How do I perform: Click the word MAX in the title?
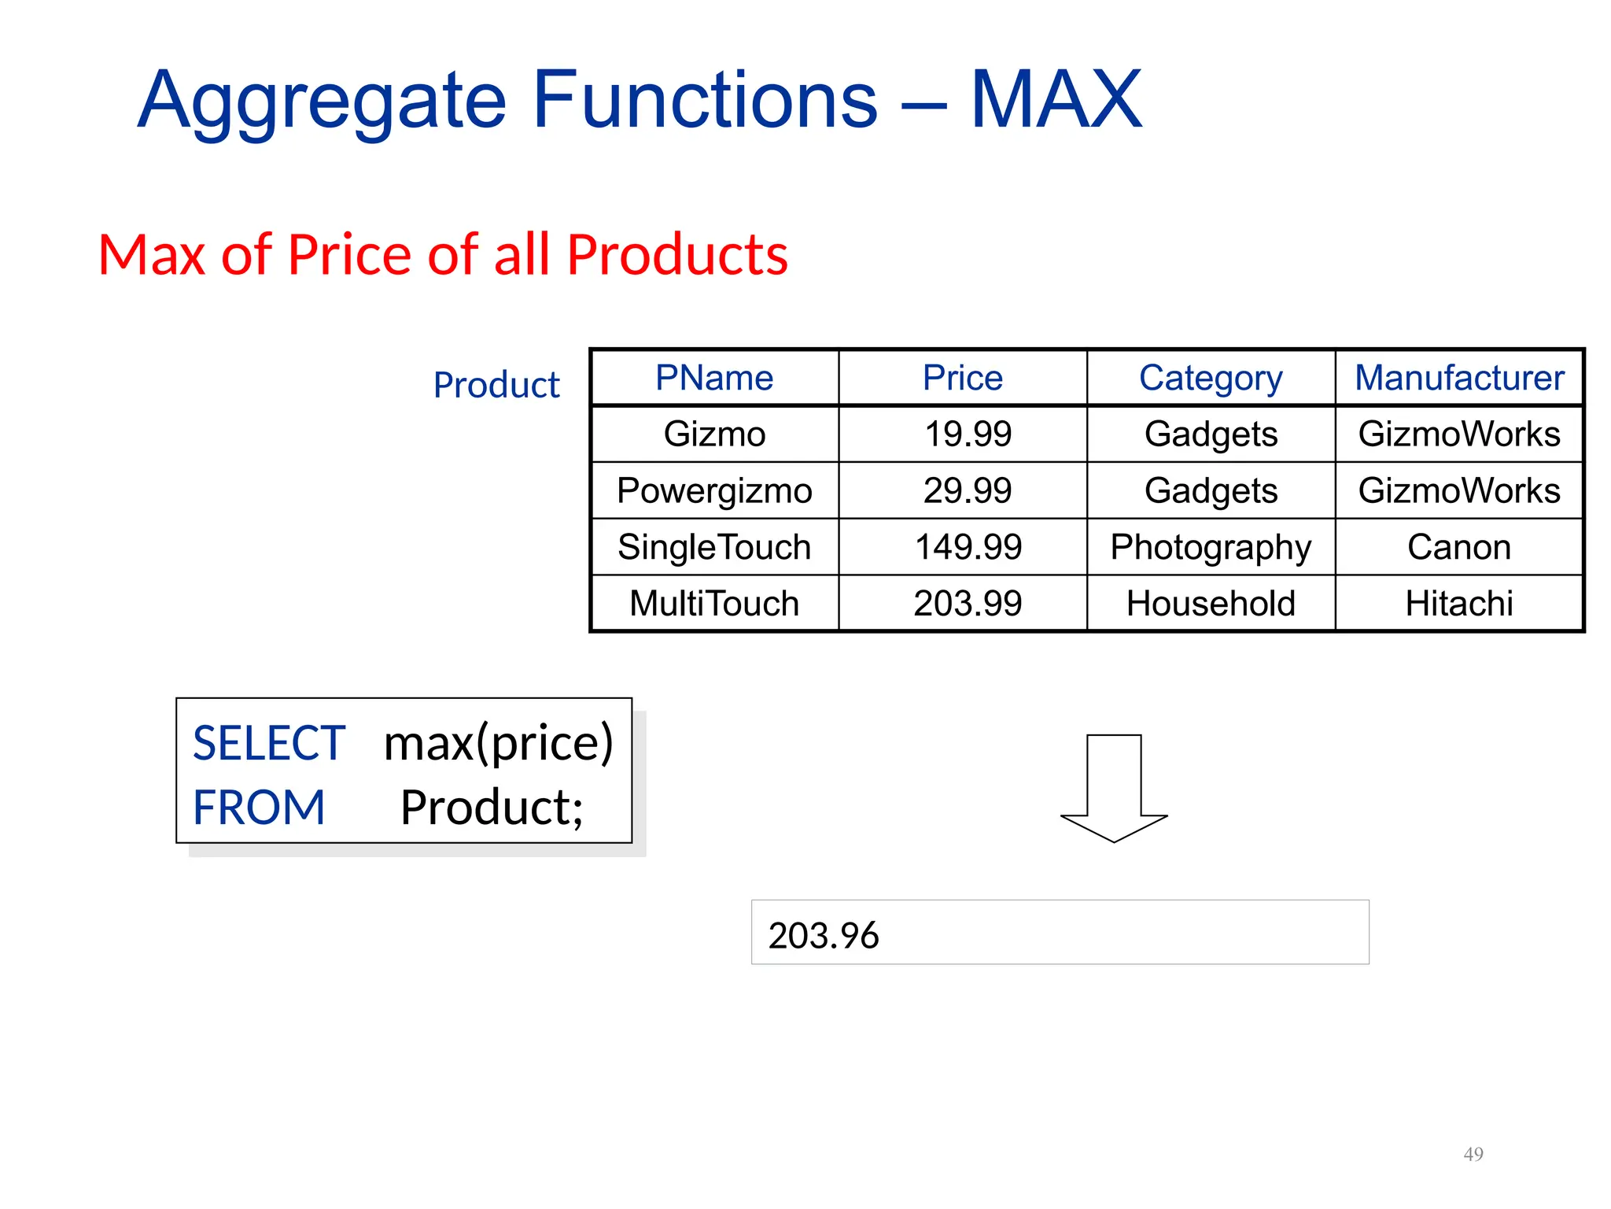[1056, 100]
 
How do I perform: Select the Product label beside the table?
[496, 386]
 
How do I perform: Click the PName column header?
[714, 378]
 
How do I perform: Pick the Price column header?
[963, 378]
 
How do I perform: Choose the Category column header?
[1211, 379]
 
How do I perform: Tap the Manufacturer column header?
[1459, 378]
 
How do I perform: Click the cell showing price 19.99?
[968, 434]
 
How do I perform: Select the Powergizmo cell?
[714, 490]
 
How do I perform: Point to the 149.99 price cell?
[968, 547]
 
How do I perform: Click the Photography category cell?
[1211, 547]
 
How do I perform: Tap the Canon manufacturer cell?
[1459, 547]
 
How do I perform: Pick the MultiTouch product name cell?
[714, 604]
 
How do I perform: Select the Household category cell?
[1211, 604]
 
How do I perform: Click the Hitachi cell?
[1459, 604]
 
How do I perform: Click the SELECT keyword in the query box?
[269, 743]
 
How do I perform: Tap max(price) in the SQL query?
[498, 743]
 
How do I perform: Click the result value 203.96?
[824, 935]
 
